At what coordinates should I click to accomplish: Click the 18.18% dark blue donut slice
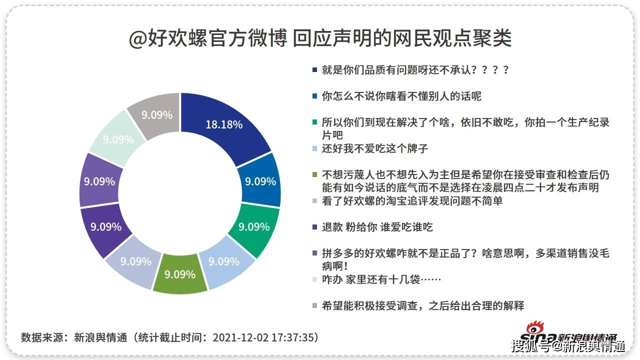224,124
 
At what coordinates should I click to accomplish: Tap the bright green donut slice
253,227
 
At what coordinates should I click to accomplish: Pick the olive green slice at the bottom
180,274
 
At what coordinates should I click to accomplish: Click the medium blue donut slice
260,181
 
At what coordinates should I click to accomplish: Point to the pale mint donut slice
118,139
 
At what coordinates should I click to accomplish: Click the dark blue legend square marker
314,70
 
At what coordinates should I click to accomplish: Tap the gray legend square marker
314,305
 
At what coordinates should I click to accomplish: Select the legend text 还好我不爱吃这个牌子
375,148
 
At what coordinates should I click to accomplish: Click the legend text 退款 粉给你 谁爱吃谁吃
377,227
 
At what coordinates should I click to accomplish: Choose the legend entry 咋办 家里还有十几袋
381,279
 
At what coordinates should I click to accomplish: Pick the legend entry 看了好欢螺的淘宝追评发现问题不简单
412,201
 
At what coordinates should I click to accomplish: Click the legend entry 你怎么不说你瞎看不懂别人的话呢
401,96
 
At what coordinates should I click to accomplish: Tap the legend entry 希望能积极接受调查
423,305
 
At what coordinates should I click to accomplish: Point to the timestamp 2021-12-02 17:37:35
265,337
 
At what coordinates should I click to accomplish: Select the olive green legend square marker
314,175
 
